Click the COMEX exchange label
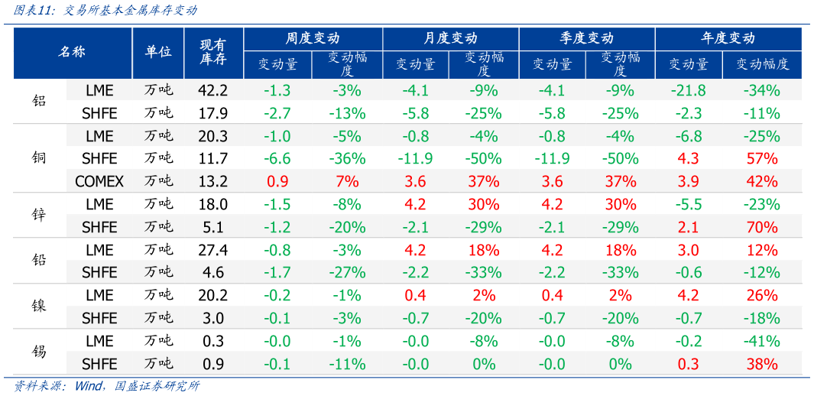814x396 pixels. click(x=99, y=182)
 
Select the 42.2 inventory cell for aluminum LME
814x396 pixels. click(x=212, y=91)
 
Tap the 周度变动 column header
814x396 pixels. click(x=313, y=38)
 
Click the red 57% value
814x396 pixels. click(x=761, y=159)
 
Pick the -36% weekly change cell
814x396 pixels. click(x=346, y=159)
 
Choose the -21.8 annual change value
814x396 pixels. click(x=688, y=91)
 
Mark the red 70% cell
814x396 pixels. click(x=761, y=227)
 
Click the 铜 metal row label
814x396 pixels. click(x=40, y=159)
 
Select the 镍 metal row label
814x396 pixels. click(x=40, y=307)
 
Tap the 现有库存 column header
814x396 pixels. click(x=212, y=52)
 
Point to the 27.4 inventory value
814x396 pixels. click(x=212, y=250)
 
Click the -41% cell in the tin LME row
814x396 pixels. click(x=761, y=341)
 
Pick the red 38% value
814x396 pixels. click(x=761, y=364)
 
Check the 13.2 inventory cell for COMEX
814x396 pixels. click(x=212, y=182)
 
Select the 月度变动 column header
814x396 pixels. click(x=450, y=38)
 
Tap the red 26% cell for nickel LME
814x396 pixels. click(x=761, y=296)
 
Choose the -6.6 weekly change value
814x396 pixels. click(x=277, y=159)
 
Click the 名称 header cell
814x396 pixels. click(x=72, y=52)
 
